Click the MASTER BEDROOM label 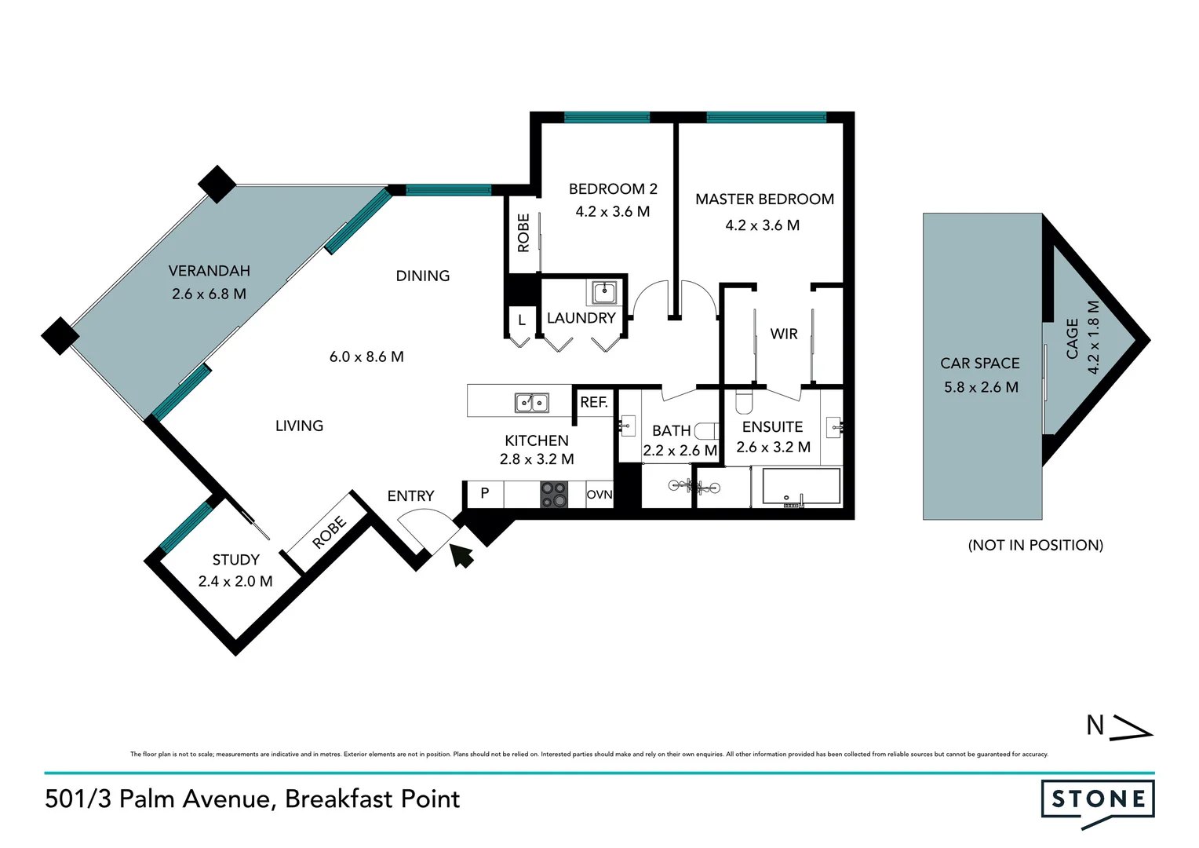click(764, 199)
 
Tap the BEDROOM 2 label click(613, 189)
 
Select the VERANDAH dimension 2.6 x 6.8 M click(209, 294)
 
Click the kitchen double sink click(531, 403)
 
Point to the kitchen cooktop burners click(553, 495)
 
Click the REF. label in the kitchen click(594, 403)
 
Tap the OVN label click(599, 495)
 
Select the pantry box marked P click(485, 494)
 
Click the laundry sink click(603, 293)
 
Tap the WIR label click(783, 334)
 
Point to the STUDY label click(235, 560)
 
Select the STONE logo click(1098, 801)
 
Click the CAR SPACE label click(979, 364)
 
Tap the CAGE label click(1072, 339)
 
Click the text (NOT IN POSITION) click(1035, 546)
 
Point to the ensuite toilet click(743, 402)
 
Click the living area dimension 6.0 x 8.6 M click(366, 357)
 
